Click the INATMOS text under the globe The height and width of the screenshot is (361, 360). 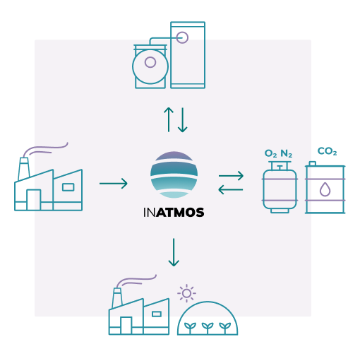[x=174, y=211]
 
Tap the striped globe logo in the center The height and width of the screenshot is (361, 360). [x=174, y=175]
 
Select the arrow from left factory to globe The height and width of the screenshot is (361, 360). [x=114, y=184]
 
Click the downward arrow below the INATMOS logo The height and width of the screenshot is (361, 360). [x=174, y=252]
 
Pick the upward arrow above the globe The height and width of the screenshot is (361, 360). [x=168, y=119]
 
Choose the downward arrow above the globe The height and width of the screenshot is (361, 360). [x=184, y=119]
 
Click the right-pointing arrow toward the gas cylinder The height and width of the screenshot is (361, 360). [x=231, y=174]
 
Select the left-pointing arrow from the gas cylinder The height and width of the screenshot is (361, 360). [x=231, y=189]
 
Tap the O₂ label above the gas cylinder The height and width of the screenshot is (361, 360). [x=270, y=153]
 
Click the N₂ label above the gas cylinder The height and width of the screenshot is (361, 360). [x=287, y=153]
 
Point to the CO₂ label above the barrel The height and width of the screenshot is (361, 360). [x=327, y=151]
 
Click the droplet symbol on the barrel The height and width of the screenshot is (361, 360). [x=325, y=189]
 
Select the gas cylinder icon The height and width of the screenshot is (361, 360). [x=280, y=187]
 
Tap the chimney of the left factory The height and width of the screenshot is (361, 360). [x=24, y=167]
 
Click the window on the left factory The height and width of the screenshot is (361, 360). [x=68, y=187]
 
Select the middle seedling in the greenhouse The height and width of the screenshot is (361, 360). [x=207, y=326]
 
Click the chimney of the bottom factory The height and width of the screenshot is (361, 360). [x=118, y=297]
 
